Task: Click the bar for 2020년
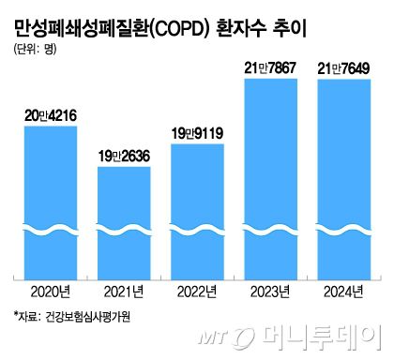[51, 202]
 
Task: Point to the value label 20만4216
[51, 116]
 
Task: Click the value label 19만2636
[124, 157]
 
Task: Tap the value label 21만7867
[271, 67]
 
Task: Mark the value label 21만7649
[343, 68]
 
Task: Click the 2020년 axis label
[51, 292]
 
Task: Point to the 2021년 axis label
[124, 292]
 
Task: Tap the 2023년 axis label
[271, 292]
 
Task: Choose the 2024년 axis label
[343, 292]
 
